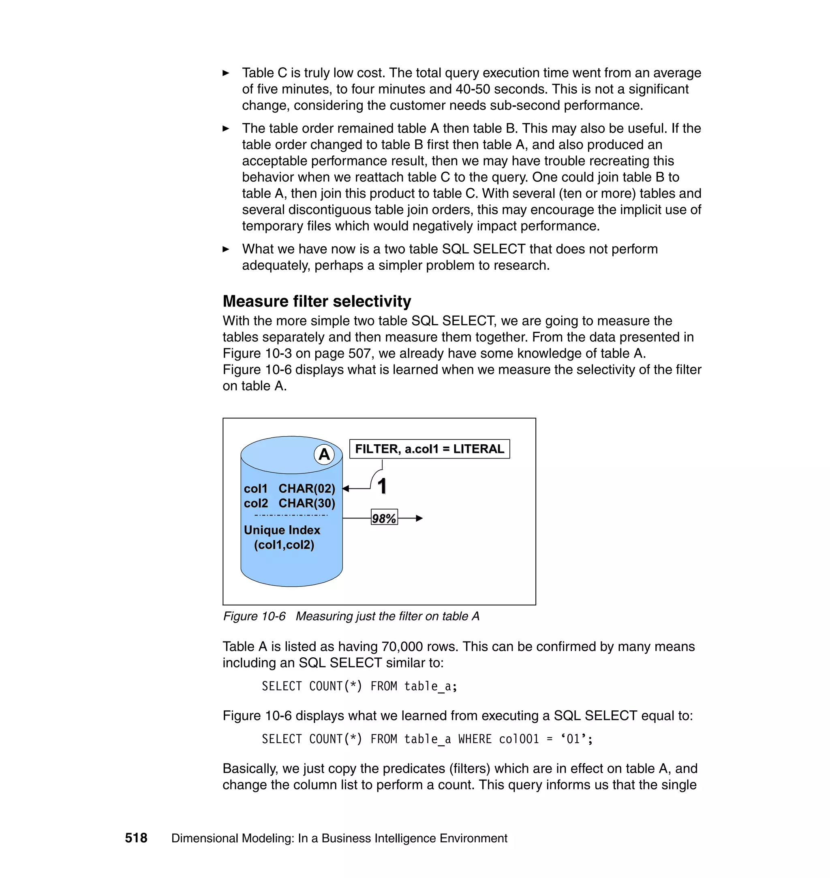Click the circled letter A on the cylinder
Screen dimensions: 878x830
pos(324,454)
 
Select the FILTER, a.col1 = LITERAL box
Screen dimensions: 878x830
pos(429,449)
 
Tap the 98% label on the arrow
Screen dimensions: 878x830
pos(384,518)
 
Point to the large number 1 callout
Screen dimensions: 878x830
pos(382,486)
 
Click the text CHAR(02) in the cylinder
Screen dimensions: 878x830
pos(307,488)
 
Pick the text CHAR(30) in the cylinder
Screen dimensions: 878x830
pos(307,503)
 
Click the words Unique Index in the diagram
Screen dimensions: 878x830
pos(282,530)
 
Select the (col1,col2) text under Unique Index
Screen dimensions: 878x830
pos(284,545)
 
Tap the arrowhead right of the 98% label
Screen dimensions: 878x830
pos(419,518)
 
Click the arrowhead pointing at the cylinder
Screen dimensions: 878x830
pos(346,488)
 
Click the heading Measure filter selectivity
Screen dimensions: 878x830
pos(317,301)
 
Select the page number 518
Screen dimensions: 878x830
pos(136,838)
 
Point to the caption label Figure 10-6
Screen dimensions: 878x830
pos(255,616)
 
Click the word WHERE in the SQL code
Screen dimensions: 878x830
pos(475,739)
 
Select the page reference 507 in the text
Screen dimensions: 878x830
pos(361,353)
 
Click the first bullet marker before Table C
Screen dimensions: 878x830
pos(226,73)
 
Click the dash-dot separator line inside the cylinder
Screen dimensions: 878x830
pos(291,516)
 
